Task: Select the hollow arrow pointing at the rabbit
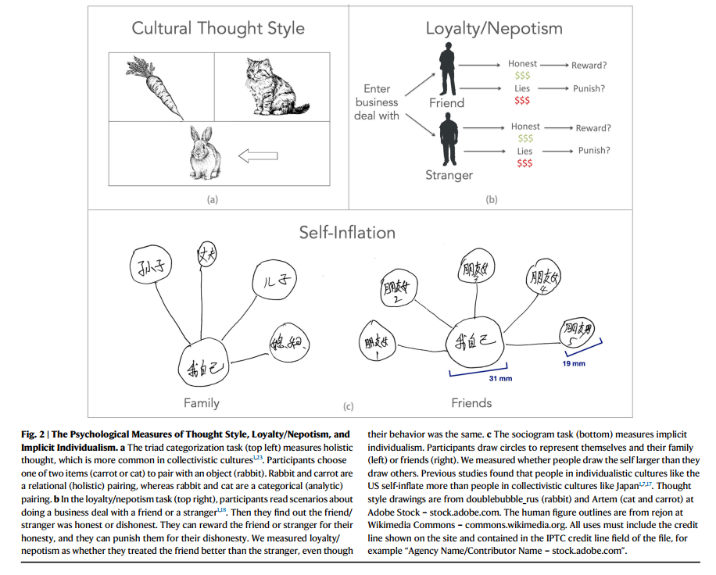coord(258,157)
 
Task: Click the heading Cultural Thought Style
coord(218,29)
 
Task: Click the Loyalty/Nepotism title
coord(493,29)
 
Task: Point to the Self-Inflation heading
coord(347,232)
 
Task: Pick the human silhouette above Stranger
coord(449,140)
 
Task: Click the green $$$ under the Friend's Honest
coord(522,76)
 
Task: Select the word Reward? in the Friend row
coord(589,66)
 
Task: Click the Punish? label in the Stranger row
coord(594,150)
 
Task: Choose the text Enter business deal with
coord(377,102)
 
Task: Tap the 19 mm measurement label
coord(573,363)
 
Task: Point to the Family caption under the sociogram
coord(201,403)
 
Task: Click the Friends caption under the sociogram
coord(471,403)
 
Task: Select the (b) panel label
coord(492,200)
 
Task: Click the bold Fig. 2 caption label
coord(37,434)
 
